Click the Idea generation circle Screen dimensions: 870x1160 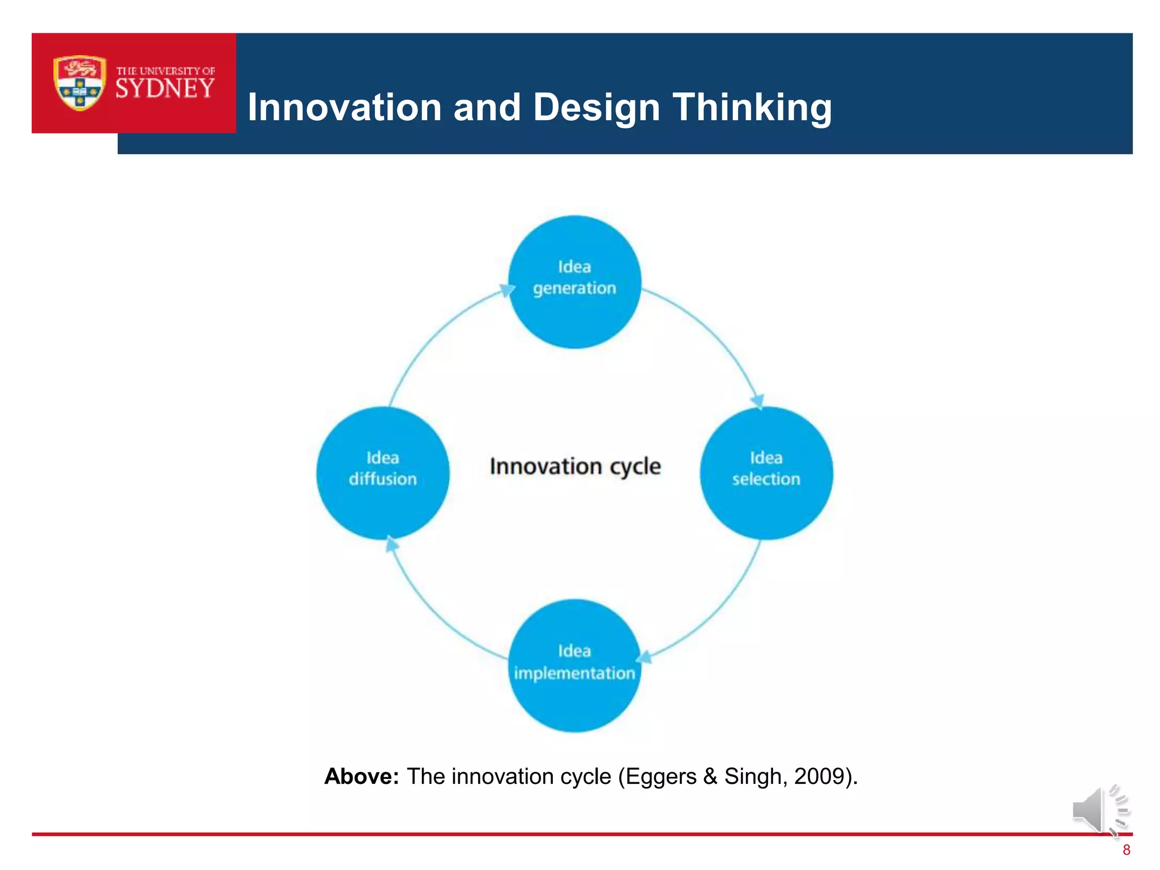point(574,282)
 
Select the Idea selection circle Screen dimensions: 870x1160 point(766,473)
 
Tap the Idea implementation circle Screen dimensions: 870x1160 point(574,666)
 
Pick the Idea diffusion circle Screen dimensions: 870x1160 point(383,473)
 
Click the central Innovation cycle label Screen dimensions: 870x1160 point(575,467)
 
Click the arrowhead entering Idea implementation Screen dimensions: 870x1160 point(645,658)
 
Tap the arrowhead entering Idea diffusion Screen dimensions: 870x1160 point(391,544)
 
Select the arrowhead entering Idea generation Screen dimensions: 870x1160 point(506,291)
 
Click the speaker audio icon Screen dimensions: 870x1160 point(1099,811)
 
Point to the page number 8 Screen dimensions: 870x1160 point(1126,850)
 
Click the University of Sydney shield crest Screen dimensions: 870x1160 point(79,83)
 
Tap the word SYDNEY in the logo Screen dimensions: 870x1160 point(165,89)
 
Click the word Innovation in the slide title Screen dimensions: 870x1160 point(344,107)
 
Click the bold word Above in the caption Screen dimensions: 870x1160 point(361,777)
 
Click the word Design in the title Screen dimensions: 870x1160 point(596,107)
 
